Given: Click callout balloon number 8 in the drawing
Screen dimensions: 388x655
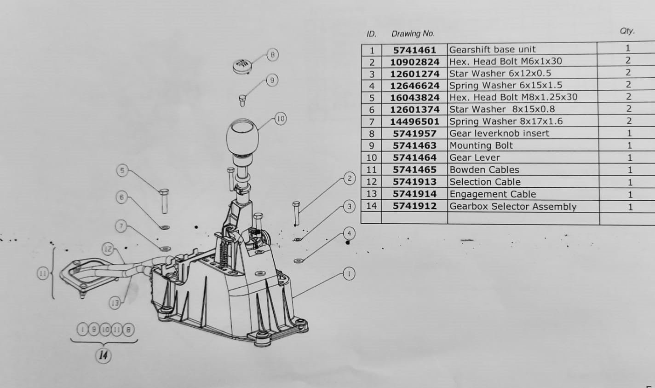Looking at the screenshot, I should pos(272,55).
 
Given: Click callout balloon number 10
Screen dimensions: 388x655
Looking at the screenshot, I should pos(281,119).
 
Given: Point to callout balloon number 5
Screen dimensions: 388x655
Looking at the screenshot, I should pos(122,171).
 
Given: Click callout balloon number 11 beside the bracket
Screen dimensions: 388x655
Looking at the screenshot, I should pos(42,274).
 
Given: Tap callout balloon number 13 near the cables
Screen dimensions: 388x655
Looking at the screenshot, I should pos(115,302).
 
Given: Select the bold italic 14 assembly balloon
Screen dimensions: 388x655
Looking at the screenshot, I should pos(104,355).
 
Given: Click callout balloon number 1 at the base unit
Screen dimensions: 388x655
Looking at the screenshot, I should pos(349,274).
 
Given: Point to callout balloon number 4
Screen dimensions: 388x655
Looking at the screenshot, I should pos(349,233).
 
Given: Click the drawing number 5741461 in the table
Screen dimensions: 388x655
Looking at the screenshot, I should pos(414,50).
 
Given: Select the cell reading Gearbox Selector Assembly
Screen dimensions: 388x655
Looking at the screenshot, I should pos(512,206).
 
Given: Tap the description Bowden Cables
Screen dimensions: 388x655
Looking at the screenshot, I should pos(484,170).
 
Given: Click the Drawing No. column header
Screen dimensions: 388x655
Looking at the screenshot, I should pos(413,34).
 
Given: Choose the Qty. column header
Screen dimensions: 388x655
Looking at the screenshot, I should pos(627,31).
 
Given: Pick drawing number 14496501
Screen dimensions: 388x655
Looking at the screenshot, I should pos(414,122).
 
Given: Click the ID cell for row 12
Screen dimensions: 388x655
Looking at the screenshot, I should pos(372,182).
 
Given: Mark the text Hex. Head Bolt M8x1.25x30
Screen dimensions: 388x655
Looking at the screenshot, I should pos(513,97).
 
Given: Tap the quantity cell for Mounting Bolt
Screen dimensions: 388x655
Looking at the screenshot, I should pos(629,145).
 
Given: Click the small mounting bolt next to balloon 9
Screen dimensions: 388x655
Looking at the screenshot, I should pos(242,99).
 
